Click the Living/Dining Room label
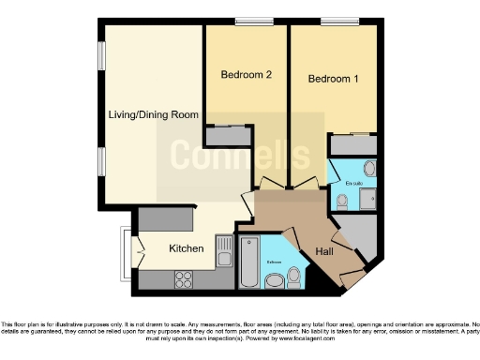point(153,114)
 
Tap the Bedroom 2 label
point(247,74)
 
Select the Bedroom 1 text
point(334,80)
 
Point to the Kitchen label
point(186,248)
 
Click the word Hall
point(324,252)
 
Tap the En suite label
point(353,182)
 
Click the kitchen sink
point(224,251)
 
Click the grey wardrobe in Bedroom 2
point(228,136)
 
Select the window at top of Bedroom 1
point(333,22)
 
